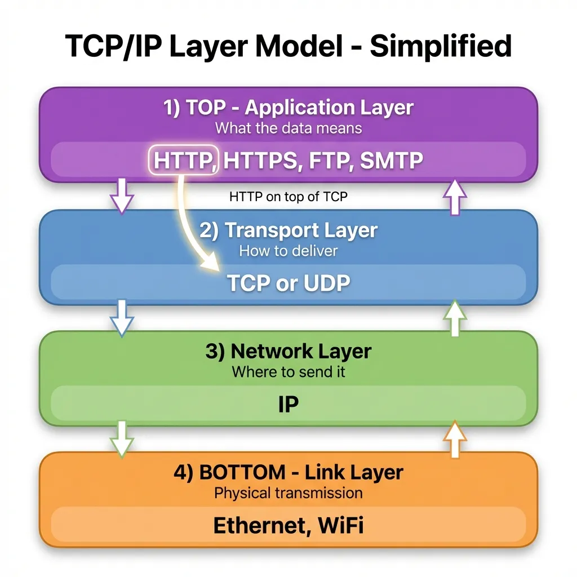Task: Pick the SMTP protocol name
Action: pos(391,161)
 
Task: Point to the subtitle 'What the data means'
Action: pos(288,128)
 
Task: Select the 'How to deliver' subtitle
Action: pos(288,251)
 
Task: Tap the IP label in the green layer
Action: pos(288,404)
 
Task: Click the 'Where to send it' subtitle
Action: pos(288,372)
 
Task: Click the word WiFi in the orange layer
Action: pos(340,525)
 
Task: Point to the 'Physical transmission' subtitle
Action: pos(288,493)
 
